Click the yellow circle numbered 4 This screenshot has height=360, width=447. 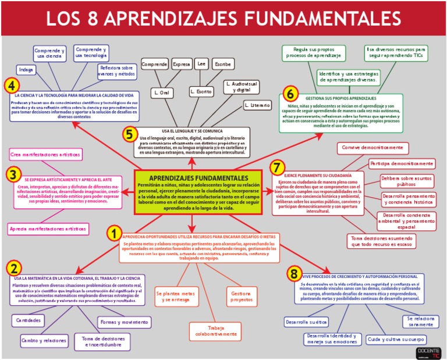[x=10, y=85]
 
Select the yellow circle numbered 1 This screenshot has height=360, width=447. [x=114, y=233]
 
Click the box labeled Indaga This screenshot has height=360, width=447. [x=26, y=70]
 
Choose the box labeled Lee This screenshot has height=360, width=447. [x=201, y=63]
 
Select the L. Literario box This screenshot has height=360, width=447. [x=258, y=105]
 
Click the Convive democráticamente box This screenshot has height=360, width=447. [x=372, y=148]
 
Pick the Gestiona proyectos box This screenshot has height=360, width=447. [x=242, y=296]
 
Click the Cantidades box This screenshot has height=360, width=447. [x=28, y=320]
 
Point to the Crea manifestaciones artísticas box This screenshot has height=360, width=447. [x=45, y=155]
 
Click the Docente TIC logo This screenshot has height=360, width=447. [x=428, y=352]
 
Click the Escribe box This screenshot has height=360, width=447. [x=222, y=63]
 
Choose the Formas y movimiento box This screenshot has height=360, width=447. [x=123, y=322]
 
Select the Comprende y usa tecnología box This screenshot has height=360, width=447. [x=91, y=53]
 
